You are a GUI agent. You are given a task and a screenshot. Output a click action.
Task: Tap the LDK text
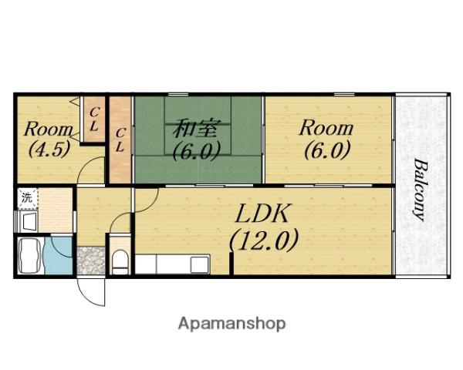point(262,213)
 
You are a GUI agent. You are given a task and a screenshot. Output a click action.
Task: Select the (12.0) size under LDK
point(264,240)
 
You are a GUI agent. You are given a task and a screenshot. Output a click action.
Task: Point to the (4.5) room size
point(49,149)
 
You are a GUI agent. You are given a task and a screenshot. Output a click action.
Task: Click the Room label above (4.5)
point(49,129)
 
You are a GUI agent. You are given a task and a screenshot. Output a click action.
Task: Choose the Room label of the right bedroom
point(326,129)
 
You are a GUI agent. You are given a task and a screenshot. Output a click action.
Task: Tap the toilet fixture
point(120,262)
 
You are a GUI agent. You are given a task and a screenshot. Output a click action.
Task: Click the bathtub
point(29,256)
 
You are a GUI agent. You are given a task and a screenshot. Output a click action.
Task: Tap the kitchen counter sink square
point(200,264)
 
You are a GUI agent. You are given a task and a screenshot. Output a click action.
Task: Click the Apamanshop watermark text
point(231,324)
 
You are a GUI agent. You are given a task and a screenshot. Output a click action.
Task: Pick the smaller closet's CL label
point(94,119)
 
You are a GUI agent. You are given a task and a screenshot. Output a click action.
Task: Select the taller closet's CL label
point(120,140)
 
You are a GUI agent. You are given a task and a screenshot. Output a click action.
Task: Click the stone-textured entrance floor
point(91,261)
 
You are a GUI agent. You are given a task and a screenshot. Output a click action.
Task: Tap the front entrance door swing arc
point(89,296)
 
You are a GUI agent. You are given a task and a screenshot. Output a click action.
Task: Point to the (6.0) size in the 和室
point(196,150)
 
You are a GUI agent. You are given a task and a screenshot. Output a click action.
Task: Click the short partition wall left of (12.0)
point(231,263)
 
